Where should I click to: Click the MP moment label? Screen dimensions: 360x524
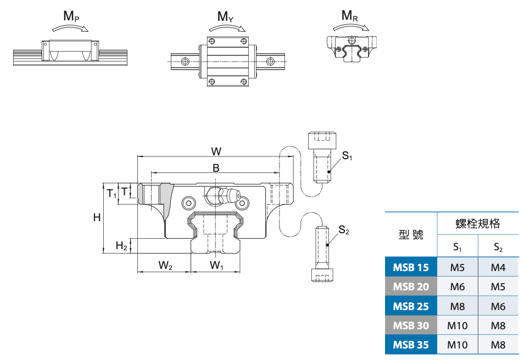click(71, 16)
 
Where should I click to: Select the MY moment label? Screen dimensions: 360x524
click(225, 16)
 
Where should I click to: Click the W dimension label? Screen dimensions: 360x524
click(216, 150)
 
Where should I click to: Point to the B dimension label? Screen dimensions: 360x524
click(216, 168)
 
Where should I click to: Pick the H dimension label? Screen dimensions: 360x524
click(97, 217)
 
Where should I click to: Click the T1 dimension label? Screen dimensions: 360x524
click(112, 194)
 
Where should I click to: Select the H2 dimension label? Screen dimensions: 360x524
click(121, 246)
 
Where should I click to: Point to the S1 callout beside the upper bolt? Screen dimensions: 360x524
click(347, 156)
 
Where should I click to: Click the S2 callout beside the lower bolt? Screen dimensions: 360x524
click(344, 230)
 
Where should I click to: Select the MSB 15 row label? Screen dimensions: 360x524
click(411, 268)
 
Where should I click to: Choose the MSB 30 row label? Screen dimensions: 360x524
click(411, 325)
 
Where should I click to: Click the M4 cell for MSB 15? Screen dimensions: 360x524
click(498, 268)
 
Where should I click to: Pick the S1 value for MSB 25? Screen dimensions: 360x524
click(458, 306)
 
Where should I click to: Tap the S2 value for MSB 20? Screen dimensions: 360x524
click(498, 287)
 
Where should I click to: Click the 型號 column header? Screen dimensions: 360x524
click(411, 235)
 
